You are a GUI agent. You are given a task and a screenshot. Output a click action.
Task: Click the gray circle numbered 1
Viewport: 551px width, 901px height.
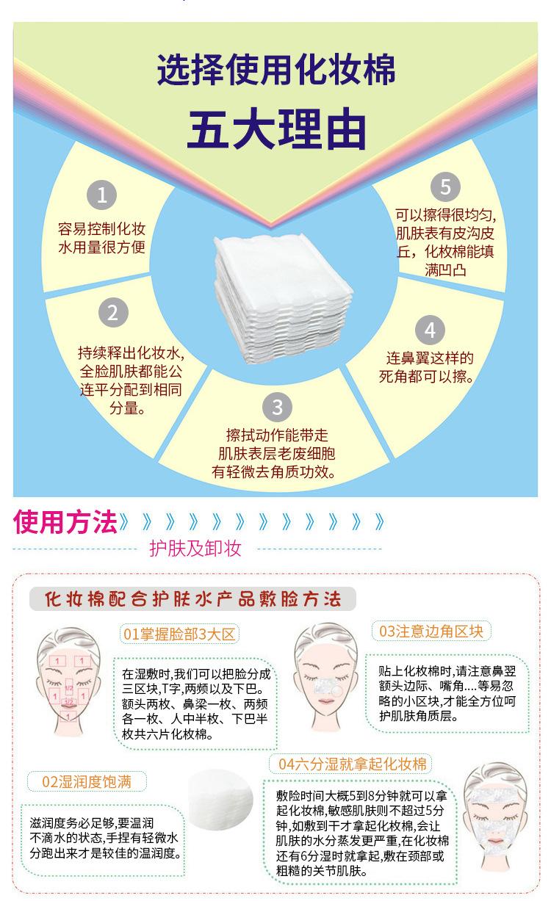coord(101,195)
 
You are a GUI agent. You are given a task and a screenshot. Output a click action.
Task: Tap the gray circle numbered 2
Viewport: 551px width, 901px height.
coord(112,313)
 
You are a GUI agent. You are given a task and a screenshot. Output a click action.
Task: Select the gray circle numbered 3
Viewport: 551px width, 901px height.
coord(277,407)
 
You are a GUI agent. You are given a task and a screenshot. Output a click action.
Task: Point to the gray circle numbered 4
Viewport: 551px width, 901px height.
coord(430,330)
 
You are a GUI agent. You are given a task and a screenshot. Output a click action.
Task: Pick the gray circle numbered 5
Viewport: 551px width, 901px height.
coord(445,187)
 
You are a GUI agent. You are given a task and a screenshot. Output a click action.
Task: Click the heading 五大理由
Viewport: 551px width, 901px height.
coord(275,129)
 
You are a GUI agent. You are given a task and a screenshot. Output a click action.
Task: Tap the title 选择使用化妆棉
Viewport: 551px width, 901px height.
coord(275,70)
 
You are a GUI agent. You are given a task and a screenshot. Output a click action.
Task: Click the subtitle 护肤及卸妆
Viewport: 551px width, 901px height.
coord(195,548)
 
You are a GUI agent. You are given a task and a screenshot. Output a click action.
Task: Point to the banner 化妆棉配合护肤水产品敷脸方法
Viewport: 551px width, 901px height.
coord(192,599)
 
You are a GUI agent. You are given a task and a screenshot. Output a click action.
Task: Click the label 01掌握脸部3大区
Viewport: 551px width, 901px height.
coord(180,634)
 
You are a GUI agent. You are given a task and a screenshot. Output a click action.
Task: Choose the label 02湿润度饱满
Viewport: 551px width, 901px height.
coord(86,781)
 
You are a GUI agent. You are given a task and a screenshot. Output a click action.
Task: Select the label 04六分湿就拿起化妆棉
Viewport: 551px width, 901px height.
coord(352,764)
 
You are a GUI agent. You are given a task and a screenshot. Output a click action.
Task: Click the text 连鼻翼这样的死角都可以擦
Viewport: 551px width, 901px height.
coord(431,368)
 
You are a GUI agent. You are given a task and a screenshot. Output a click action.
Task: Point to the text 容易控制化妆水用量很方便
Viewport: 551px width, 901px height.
coord(101,236)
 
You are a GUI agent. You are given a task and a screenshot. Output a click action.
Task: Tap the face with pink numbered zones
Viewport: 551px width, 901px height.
coord(68,682)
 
